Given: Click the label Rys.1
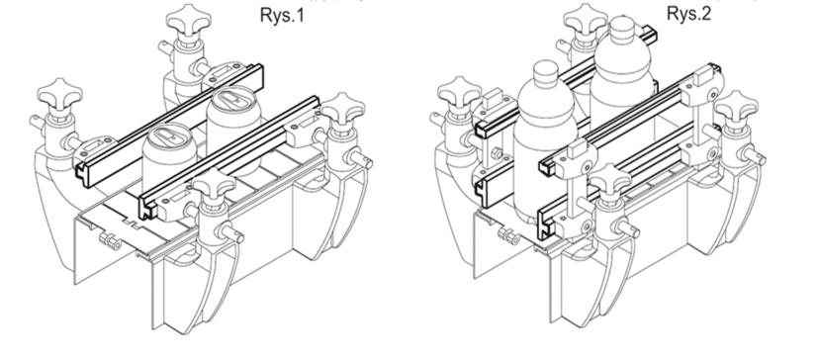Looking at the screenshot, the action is pos(282,15).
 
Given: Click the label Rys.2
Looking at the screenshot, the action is pos(688,14).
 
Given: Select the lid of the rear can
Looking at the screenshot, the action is pos(232,101).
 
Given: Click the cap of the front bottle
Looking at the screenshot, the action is pos(546,72).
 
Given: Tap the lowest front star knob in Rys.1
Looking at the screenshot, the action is pos(214,186).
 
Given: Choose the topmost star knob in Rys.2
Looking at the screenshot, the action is pos(585,18).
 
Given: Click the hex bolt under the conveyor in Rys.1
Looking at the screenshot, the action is pos(110,240).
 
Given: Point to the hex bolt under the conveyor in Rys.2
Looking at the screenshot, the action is pos(508,235).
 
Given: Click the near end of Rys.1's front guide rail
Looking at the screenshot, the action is pos(147,207).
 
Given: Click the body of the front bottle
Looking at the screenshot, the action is pos(545,156).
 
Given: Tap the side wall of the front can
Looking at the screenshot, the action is pos(167,167).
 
